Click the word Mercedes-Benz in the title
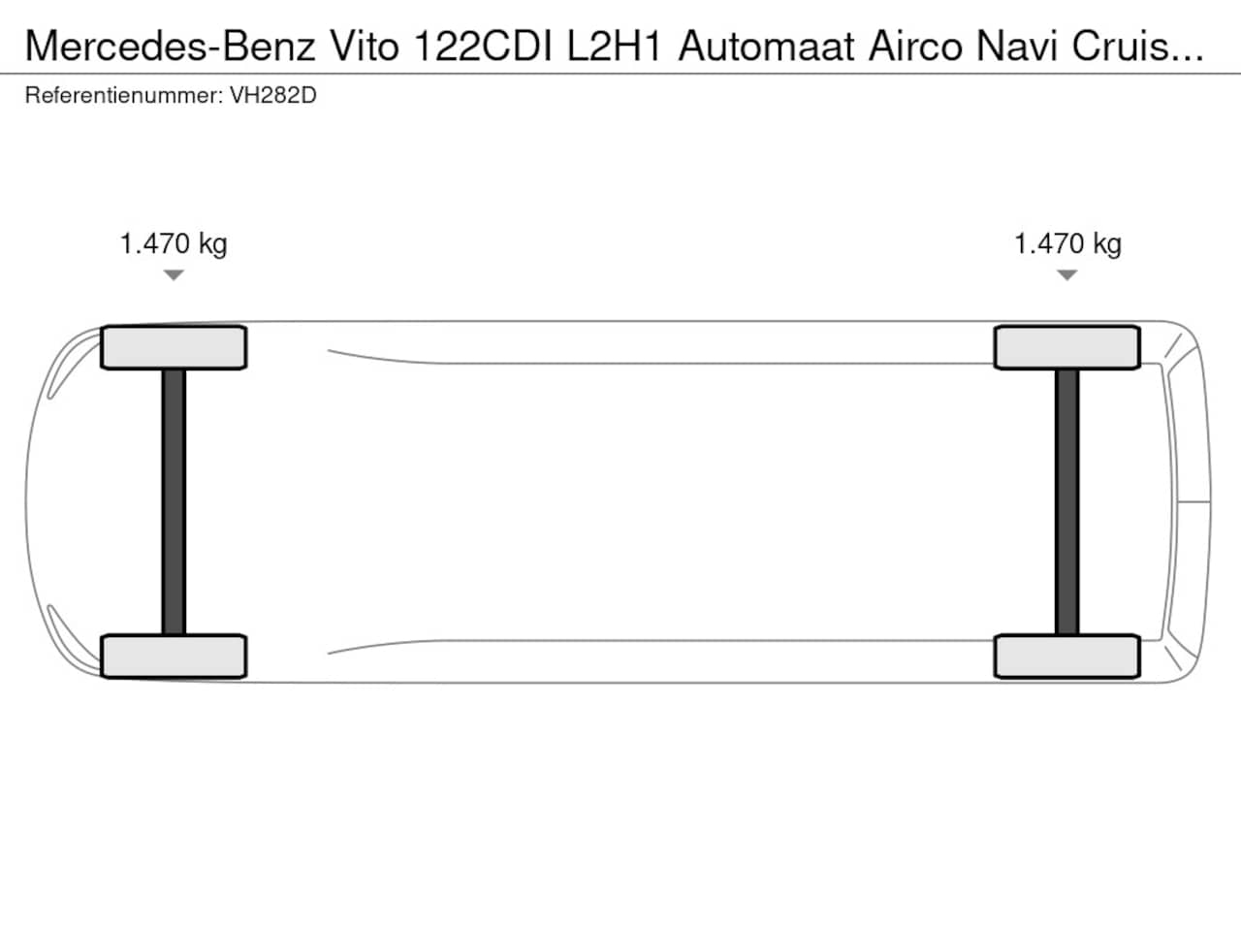point(171,47)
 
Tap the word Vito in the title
point(365,47)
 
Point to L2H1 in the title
point(614,47)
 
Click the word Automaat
point(766,47)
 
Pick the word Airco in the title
point(915,47)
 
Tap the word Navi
point(1016,47)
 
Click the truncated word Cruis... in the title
point(1137,47)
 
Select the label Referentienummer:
point(124,96)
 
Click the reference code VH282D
point(273,96)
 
